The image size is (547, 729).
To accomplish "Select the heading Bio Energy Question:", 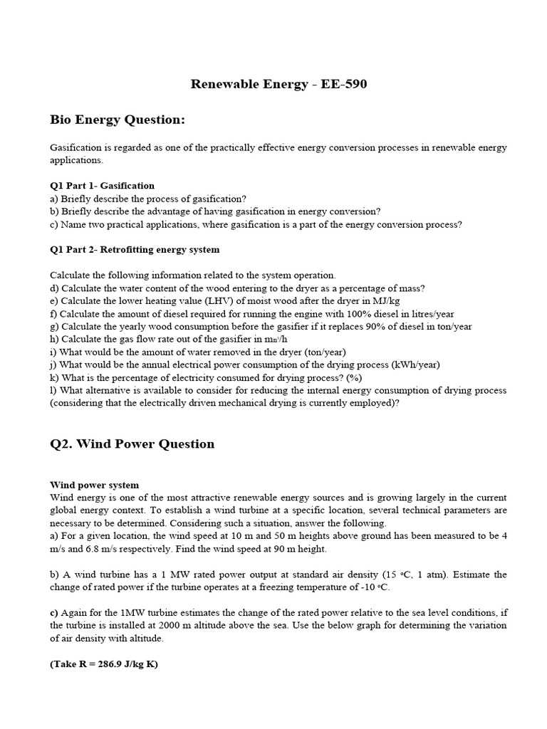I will [118, 120].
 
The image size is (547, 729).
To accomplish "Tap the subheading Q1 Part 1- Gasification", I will [102, 186].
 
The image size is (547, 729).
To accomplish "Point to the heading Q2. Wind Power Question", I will [132, 444].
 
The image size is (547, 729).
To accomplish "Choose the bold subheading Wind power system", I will [94, 485].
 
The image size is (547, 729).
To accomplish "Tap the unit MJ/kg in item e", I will [384, 301].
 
